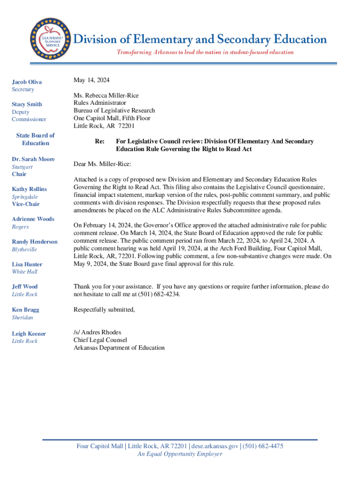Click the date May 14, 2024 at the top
92,80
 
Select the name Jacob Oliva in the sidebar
27,82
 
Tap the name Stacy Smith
27,104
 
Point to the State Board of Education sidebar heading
36,139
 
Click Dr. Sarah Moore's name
33,159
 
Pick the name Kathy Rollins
29,189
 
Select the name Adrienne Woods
33,219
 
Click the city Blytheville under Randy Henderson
24,249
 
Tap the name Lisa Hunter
27,264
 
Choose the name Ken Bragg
26,310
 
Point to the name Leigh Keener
29,334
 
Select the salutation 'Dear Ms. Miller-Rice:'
102,164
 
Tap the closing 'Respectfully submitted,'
104,309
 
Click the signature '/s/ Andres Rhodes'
97,333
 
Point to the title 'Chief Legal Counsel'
100,340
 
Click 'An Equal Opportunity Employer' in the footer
180,454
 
